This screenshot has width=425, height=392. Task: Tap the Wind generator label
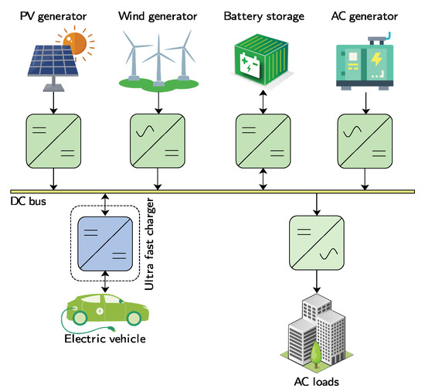click(x=158, y=15)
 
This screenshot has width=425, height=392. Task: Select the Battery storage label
click(x=263, y=15)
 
